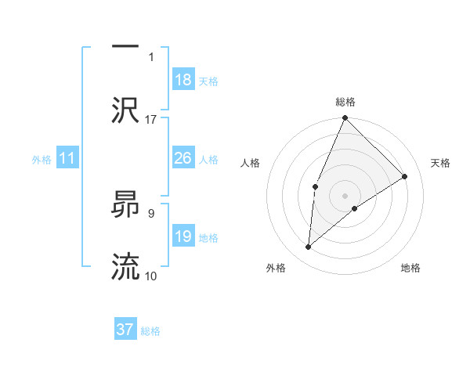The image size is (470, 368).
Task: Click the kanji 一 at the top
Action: [125, 46]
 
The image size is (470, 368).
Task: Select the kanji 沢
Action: [125, 110]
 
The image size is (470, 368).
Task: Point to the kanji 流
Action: [125, 266]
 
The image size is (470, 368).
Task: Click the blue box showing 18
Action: [183, 80]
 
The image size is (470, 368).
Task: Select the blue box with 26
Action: [183, 158]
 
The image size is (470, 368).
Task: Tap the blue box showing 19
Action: [183, 236]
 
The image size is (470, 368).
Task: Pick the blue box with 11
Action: [67, 159]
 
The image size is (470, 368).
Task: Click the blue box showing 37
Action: [125, 330]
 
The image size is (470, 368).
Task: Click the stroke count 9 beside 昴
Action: [151, 212]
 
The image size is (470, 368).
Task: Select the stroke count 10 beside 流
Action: [151, 276]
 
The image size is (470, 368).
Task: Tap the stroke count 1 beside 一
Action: [151, 56]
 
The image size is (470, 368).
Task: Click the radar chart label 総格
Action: [345, 102]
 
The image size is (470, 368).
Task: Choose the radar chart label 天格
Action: [440, 163]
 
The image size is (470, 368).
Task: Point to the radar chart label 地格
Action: [410, 268]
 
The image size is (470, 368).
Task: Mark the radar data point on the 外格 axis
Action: [309, 247]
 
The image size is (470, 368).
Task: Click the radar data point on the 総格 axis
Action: [345, 119]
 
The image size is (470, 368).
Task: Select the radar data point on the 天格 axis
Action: [405, 176]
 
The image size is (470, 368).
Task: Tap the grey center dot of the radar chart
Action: [345, 195]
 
